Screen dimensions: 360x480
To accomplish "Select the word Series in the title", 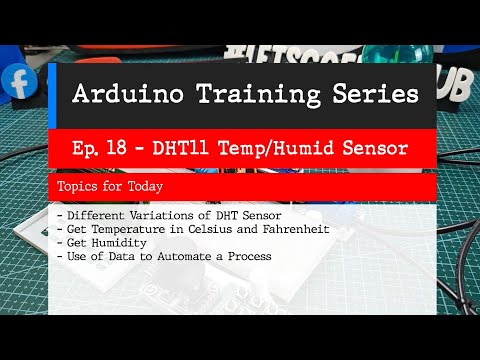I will pos(365,96).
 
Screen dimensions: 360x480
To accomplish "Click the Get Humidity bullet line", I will pos(104,243).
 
